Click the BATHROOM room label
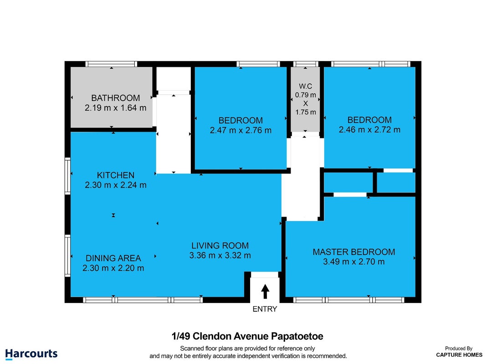115,98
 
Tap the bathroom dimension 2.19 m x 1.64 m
115,108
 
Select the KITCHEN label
116,175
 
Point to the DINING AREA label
113,258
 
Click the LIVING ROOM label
220,246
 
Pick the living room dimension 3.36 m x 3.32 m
220,255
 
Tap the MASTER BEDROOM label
354,252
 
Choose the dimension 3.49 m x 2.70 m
354,262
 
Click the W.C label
305,86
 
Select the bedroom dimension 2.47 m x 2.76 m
240,130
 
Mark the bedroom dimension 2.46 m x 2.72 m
369,130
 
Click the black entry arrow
265,292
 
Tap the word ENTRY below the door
265,309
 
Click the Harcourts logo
31,354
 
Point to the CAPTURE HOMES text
459,355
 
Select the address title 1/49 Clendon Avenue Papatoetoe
247,336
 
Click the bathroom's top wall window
111,64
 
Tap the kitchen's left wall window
67,176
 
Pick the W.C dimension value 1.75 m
306,112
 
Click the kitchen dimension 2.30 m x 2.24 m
116,185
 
